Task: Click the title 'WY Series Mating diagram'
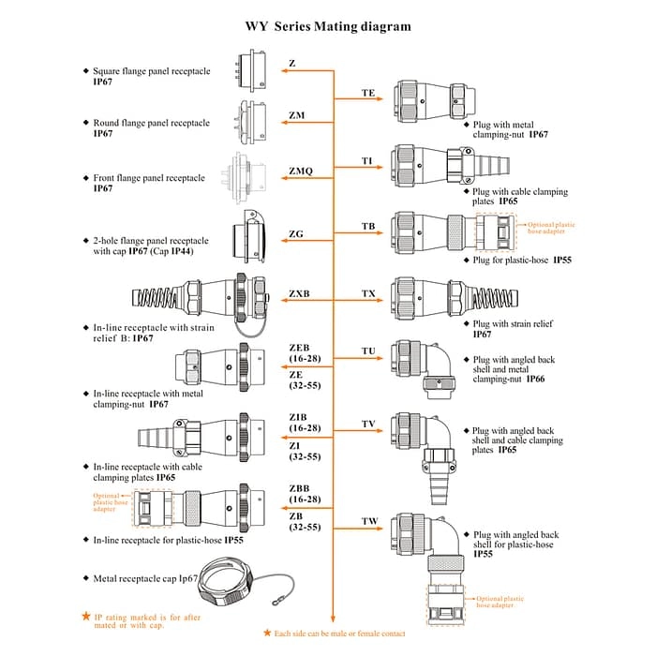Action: coord(328,26)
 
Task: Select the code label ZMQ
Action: coord(301,171)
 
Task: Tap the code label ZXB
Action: coord(299,293)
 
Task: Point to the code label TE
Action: coord(368,94)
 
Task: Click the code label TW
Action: coord(369,521)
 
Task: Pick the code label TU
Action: coord(368,351)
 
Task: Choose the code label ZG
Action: coord(296,233)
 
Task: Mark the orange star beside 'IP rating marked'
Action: coord(85,617)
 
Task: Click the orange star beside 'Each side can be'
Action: coord(267,634)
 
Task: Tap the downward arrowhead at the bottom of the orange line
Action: coord(334,619)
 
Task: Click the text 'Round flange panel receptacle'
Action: coord(152,123)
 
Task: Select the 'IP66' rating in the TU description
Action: coord(535,380)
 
